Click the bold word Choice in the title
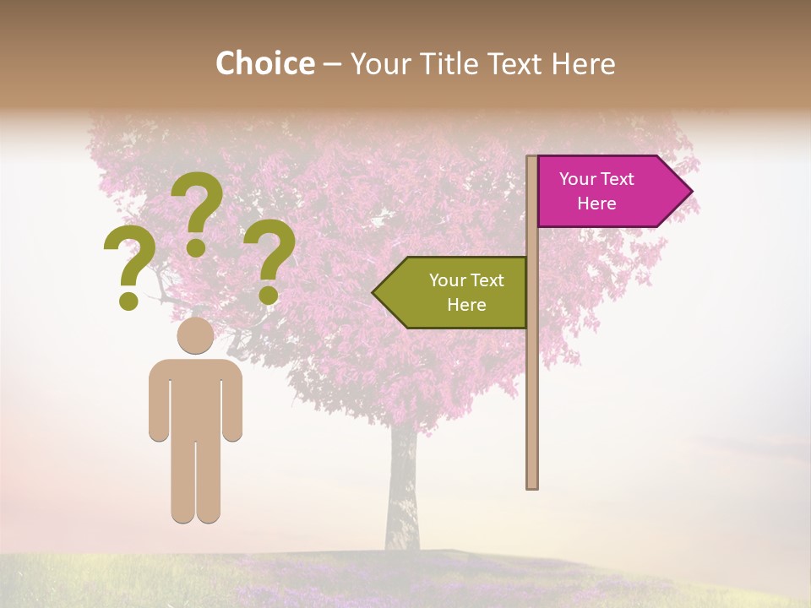264,64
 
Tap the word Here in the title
583,64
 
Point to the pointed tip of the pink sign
690,192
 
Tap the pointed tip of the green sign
374,292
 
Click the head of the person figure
195,335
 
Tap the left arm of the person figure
158,401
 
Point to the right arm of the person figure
232,401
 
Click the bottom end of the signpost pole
532,485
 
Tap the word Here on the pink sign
596,204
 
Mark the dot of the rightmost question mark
268,295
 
